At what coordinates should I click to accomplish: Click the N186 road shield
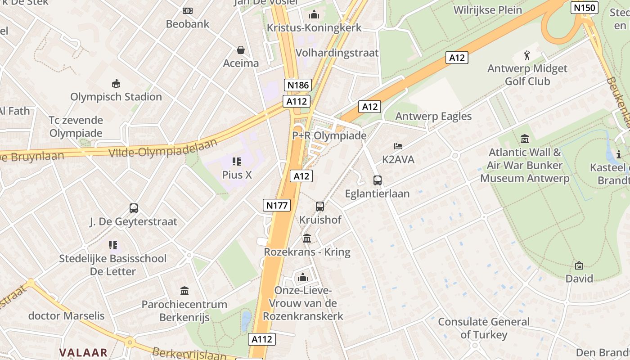pos(298,85)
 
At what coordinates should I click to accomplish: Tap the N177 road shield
pos(277,206)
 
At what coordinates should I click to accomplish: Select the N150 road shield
pos(584,8)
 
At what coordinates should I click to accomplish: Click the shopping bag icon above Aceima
pos(241,49)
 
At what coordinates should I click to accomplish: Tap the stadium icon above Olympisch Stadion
pos(116,83)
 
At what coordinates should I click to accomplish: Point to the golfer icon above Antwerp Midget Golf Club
pos(527,56)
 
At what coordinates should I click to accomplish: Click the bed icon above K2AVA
pos(398,146)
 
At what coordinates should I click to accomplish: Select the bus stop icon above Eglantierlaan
pos(377,180)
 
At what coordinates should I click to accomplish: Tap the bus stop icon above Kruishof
pos(320,207)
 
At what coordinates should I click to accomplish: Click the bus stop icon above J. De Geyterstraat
pos(134,208)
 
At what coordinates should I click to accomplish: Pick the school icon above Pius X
pos(237,161)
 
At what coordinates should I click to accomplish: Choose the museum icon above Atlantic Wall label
pos(524,139)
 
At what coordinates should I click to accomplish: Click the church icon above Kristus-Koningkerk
pos(314,15)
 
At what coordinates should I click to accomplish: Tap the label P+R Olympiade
pos(329,135)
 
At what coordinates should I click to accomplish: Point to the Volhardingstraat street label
pos(337,53)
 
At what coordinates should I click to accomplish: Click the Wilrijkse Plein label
pos(488,10)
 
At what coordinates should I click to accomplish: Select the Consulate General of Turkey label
pos(484,328)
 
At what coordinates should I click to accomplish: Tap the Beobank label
pos(188,24)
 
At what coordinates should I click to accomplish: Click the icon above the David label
pos(579,265)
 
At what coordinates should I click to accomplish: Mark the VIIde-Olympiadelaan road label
pos(163,148)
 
